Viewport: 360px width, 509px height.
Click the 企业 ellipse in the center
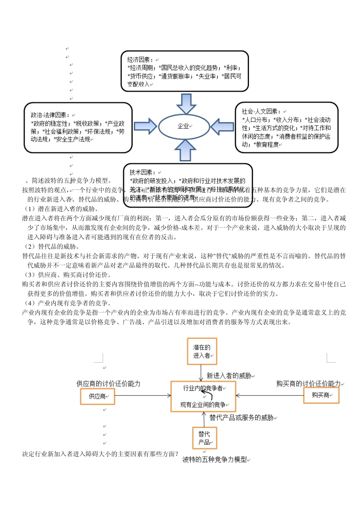(x=184, y=126)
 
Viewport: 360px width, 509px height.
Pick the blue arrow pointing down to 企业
(x=186, y=103)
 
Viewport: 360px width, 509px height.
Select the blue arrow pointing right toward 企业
(x=145, y=126)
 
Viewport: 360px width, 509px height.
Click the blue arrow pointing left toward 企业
(x=222, y=126)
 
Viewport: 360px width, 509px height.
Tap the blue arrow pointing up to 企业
(x=185, y=150)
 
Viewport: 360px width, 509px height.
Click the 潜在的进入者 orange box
(x=202, y=351)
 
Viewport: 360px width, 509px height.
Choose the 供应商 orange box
(x=97, y=396)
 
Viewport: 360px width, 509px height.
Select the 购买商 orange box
(x=321, y=395)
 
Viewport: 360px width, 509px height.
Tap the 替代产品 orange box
(x=204, y=438)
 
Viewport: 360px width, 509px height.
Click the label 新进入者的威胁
(x=229, y=376)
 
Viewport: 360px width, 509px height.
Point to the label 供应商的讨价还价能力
(x=108, y=384)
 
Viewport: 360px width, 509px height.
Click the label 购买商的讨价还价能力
(x=308, y=384)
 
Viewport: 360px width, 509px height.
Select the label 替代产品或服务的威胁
(x=241, y=418)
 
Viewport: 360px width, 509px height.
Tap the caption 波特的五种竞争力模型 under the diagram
(x=214, y=460)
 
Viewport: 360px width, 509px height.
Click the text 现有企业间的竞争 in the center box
(x=203, y=405)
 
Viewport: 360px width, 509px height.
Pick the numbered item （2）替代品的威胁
(x=52, y=247)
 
